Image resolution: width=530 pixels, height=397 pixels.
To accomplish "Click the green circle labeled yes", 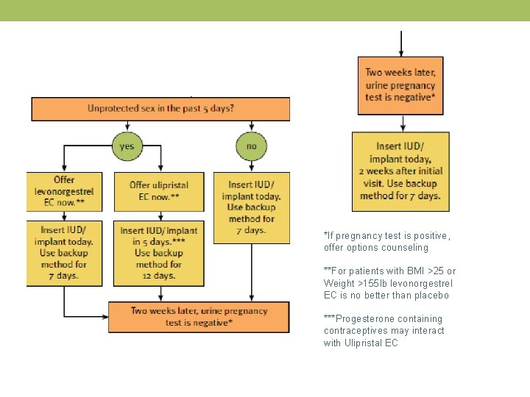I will pyautogui.click(x=127, y=146).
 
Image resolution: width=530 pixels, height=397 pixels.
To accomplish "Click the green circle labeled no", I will pyautogui.click(x=251, y=146).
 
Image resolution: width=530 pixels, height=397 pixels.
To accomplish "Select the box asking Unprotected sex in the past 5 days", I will pyautogui.click(x=160, y=109).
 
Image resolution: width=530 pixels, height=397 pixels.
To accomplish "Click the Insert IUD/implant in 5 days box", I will pyautogui.click(x=160, y=253).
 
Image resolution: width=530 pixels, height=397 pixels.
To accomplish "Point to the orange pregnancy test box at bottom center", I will pyautogui.click(x=199, y=317).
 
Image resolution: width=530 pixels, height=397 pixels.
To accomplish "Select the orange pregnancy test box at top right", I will pyautogui.click(x=400, y=85).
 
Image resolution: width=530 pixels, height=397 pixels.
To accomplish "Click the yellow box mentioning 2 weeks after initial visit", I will pyautogui.click(x=400, y=171).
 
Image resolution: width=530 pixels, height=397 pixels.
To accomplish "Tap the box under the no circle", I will pyautogui.click(x=251, y=207).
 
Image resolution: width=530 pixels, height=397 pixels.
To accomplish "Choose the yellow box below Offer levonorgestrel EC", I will pyautogui.click(x=64, y=253).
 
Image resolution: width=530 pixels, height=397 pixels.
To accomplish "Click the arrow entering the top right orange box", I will pyautogui.click(x=400, y=44).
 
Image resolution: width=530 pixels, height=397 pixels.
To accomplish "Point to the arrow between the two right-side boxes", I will pyautogui.click(x=400, y=124).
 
